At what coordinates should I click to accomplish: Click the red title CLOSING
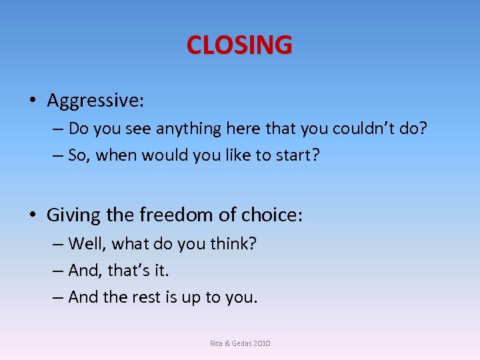239,45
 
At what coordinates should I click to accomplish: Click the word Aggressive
94,101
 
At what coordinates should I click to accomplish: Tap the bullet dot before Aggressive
33,101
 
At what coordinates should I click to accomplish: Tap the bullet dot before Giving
33,215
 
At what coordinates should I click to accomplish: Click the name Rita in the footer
216,343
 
